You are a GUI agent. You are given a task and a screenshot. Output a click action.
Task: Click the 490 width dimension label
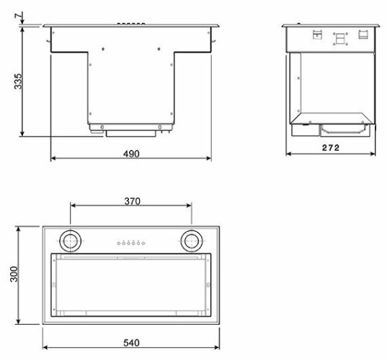coord(130,153)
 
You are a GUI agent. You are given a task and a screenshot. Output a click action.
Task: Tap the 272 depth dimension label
coord(331,147)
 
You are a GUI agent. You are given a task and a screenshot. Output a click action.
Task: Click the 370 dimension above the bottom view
coord(131,201)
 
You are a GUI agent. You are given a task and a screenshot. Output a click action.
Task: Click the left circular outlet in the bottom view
coord(70,240)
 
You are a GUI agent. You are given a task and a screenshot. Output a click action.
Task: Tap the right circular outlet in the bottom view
coord(192,240)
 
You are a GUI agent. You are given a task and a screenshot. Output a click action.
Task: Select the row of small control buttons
coord(130,243)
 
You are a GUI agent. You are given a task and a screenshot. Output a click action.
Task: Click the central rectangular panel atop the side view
coord(339,37)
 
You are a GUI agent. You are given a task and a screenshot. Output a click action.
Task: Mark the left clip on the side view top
coord(315,32)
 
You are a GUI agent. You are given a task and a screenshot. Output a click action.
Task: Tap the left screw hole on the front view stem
coord(104,49)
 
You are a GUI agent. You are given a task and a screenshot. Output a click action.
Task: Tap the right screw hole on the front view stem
coord(158,49)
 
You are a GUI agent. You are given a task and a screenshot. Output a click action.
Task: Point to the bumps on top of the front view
coord(131,24)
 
